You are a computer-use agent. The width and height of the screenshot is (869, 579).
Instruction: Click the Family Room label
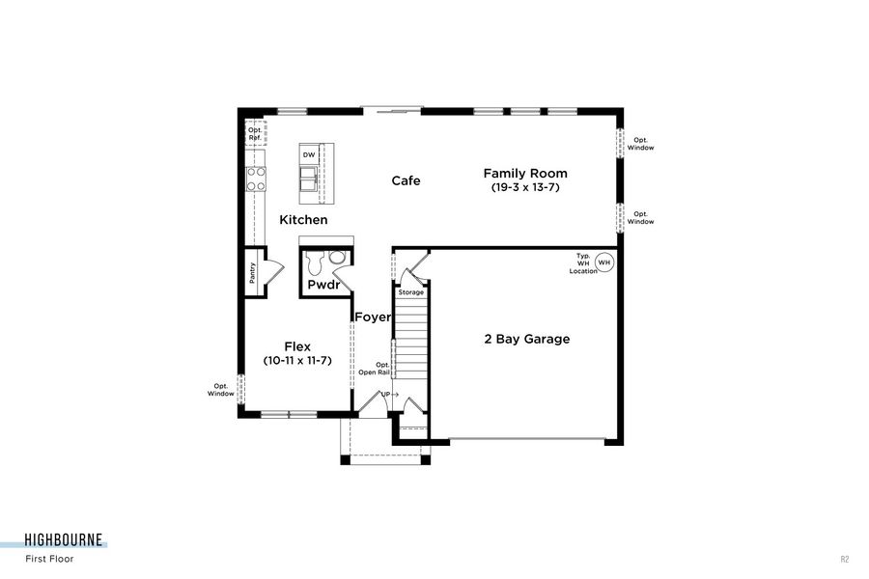(525, 173)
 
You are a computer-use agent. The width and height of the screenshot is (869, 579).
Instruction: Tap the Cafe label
(406, 180)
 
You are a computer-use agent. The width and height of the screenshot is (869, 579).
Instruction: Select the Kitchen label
(303, 220)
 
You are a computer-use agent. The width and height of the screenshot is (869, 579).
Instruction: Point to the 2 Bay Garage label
(526, 339)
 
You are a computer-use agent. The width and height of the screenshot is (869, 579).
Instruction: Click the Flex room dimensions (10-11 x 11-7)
(296, 360)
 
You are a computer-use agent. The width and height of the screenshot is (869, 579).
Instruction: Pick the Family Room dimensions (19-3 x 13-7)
(525, 187)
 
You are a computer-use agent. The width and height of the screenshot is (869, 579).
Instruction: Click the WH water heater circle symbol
(604, 262)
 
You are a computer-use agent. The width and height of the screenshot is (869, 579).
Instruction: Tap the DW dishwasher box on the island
(309, 154)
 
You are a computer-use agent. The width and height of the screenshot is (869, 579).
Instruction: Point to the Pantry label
(252, 275)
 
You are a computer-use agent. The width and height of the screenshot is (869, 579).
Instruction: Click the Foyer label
(373, 317)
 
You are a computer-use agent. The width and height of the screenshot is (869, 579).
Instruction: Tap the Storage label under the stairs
(411, 291)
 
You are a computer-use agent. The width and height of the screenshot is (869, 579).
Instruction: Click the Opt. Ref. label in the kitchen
(255, 133)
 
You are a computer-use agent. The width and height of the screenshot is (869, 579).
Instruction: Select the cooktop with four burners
(256, 178)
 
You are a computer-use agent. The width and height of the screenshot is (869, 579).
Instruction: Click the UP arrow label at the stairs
(389, 396)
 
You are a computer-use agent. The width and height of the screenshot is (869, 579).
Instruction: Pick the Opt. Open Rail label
(375, 368)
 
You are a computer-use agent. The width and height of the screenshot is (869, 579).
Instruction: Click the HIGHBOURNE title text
(64, 540)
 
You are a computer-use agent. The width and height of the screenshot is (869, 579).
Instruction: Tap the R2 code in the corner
(845, 559)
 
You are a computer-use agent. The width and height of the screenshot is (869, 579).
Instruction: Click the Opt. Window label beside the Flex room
(222, 390)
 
